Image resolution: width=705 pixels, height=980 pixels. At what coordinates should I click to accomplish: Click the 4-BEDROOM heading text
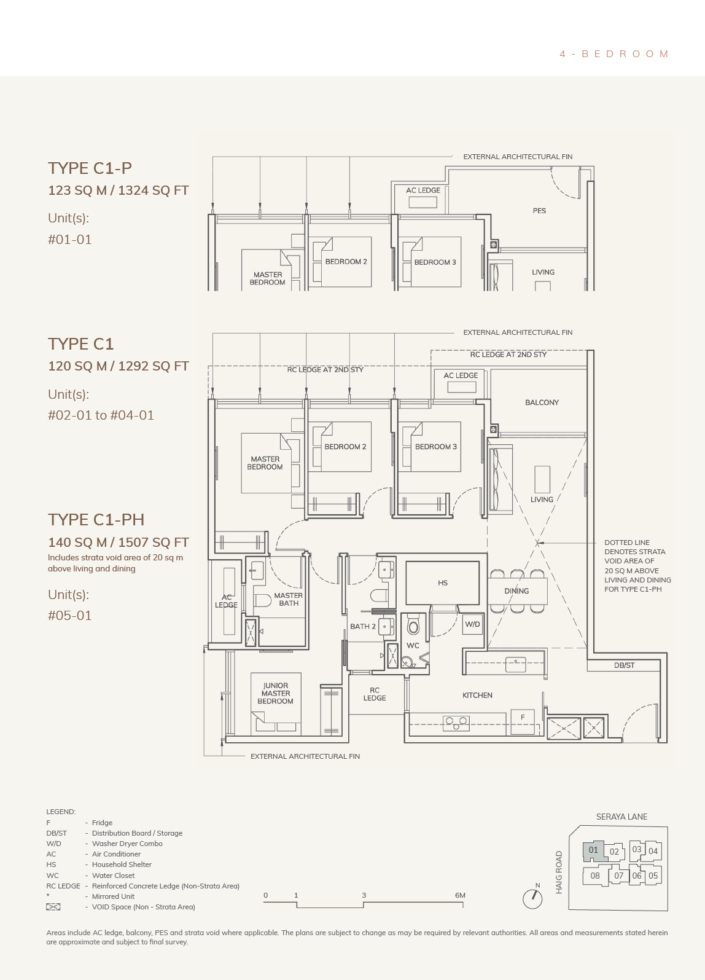click(613, 54)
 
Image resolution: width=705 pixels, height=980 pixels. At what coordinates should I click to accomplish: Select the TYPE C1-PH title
click(96, 520)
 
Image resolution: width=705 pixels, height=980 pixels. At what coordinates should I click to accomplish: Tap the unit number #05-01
click(70, 616)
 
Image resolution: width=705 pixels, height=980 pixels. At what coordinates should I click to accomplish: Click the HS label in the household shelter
click(443, 582)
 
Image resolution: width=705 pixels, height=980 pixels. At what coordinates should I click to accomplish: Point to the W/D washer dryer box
click(473, 624)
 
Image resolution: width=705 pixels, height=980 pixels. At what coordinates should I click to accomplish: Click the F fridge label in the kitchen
click(523, 718)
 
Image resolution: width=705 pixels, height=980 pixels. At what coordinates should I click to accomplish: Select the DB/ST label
click(624, 665)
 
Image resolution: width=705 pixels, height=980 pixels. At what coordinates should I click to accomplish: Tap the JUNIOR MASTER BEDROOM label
click(276, 694)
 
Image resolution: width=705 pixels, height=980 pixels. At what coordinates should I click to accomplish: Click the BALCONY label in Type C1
click(542, 402)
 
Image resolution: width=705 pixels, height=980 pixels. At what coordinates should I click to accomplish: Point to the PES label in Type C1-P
click(539, 211)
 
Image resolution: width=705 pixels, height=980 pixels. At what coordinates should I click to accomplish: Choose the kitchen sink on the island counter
click(516, 665)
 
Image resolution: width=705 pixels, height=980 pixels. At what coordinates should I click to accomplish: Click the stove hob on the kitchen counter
click(456, 723)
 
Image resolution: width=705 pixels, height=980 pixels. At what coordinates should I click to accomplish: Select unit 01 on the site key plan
click(593, 851)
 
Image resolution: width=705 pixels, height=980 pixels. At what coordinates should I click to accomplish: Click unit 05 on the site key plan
click(653, 876)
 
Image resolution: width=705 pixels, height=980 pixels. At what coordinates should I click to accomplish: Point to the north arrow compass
click(532, 899)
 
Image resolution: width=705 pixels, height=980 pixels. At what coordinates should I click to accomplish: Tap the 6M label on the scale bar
click(460, 895)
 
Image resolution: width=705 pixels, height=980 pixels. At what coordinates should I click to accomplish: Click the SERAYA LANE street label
click(621, 817)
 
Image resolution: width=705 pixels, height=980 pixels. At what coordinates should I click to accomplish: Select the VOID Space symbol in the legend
click(53, 907)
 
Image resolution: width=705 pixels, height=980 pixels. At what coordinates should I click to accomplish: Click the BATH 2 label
click(363, 627)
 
